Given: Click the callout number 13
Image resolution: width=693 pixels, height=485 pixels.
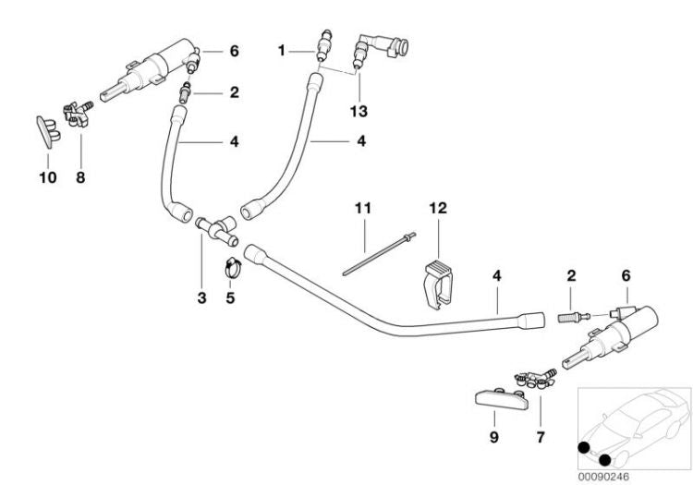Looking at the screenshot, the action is click(x=359, y=111).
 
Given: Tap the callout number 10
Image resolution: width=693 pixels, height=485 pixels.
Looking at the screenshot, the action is click(x=48, y=177).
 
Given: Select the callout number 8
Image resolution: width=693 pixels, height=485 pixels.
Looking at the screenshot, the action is click(x=80, y=177).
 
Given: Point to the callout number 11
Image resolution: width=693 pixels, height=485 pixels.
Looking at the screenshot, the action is click(x=363, y=208).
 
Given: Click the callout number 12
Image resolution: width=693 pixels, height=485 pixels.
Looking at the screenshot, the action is click(x=438, y=208).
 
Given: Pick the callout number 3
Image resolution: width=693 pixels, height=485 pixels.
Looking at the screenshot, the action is click(x=201, y=297).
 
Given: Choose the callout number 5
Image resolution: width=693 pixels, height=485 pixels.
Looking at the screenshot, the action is click(x=230, y=297).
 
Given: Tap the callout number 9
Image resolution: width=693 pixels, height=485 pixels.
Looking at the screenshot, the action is click(x=494, y=437).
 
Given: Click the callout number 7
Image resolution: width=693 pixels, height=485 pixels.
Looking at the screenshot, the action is click(x=541, y=437).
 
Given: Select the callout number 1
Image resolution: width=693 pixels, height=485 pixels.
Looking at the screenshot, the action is click(x=282, y=51).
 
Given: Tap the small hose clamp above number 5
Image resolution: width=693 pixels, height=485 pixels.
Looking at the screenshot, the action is click(x=234, y=268).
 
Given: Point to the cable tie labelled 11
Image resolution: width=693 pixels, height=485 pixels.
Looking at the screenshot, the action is click(x=379, y=254).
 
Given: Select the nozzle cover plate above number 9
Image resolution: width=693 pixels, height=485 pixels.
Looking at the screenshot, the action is click(x=502, y=398).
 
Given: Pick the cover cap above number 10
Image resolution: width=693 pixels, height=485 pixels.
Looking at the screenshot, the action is click(x=48, y=131).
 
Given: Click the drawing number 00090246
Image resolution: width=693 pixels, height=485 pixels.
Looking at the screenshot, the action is click(x=603, y=477).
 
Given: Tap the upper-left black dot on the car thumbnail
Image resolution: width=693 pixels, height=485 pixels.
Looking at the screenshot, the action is click(x=584, y=447).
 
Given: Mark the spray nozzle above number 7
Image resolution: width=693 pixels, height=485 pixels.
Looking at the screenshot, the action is click(x=536, y=379).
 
